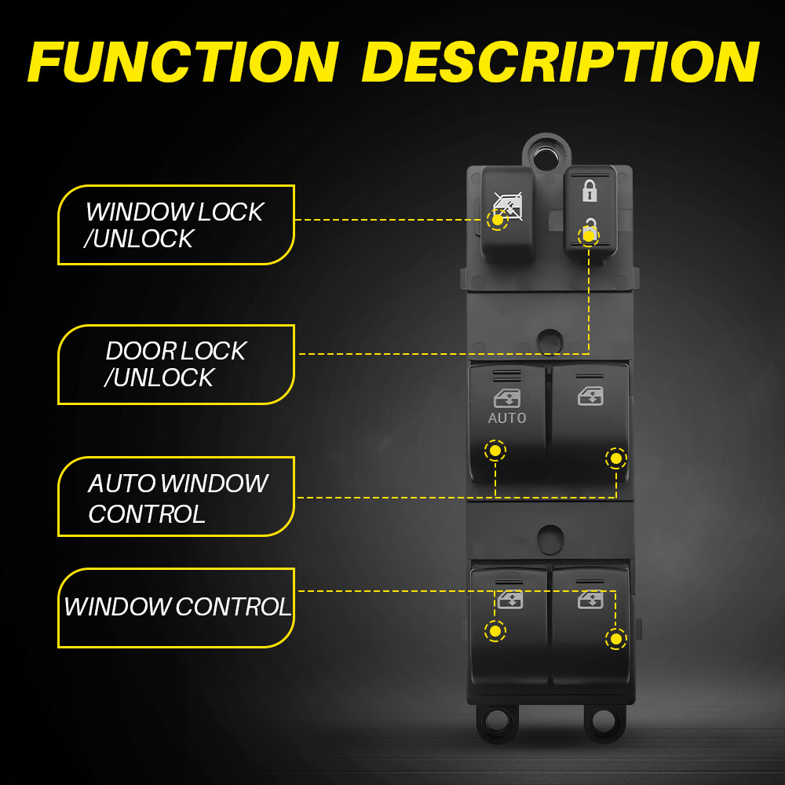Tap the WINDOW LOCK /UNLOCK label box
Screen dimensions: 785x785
(176, 225)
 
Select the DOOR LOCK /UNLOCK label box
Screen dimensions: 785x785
(176, 364)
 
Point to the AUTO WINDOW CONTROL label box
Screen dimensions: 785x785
(176, 497)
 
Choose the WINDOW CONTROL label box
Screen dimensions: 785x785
(176, 608)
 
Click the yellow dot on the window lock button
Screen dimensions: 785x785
(497, 220)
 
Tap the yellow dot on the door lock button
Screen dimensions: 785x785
(588, 235)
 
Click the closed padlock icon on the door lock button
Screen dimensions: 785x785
(589, 190)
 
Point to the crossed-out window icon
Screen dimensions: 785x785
(507, 205)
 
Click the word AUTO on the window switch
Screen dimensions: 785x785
(507, 418)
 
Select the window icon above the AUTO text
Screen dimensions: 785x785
(507, 398)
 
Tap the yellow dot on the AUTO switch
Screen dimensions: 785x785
(495, 451)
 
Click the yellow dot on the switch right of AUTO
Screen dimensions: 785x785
(616, 458)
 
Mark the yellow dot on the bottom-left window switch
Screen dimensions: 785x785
(495, 631)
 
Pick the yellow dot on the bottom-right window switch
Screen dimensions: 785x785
(616, 639)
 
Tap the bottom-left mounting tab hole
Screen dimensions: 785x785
(497, 719)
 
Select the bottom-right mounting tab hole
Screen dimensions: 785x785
(604, 719)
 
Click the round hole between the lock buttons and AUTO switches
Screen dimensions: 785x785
(550, 341)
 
